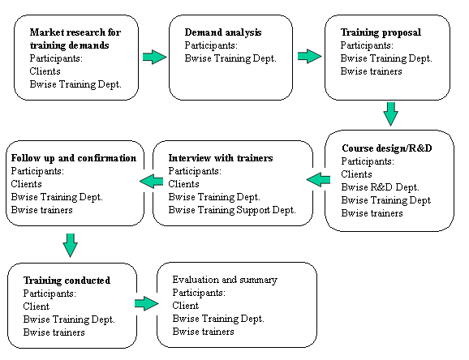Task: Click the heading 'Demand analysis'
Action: [x=223, y=32]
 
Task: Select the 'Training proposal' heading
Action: [x=381, y=32]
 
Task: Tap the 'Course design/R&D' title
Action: [x=387, y=148]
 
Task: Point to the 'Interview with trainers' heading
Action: [x=221, y=157]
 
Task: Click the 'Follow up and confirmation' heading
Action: [x=74, y=158]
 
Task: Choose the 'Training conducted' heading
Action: [x=67, y=281]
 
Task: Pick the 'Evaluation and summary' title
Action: [x=225, y=280]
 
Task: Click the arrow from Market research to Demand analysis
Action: [x=154, y=57]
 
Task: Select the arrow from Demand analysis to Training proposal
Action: [x=310, y=56]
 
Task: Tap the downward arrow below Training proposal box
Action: [x=390, y=114]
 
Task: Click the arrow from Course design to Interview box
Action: [x=318, y=180]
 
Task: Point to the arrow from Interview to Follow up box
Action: [x=152, y=181]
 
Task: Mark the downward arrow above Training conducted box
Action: [x=71, y=245]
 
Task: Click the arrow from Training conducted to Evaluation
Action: [x=147, y=303]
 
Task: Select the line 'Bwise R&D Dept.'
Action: [x=380, y=187]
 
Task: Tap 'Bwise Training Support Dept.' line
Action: [x=232, y=210]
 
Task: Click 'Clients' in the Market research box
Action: [x=45, y=71]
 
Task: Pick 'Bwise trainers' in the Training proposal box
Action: [x=371, y=71]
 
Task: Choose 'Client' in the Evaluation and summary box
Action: [x=186, y=306]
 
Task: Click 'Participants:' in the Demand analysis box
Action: [x=211, y=45]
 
